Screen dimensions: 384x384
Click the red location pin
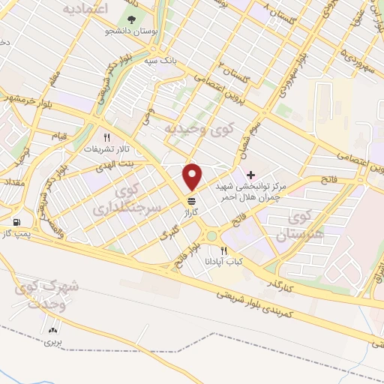[193, 177]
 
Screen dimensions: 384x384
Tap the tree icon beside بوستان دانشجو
[133, 20]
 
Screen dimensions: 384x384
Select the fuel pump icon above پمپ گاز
[16, 222]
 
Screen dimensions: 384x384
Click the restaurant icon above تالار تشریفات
[106, 137]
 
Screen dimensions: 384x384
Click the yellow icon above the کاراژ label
[192, 201]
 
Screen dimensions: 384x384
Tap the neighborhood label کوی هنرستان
[287, 226]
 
